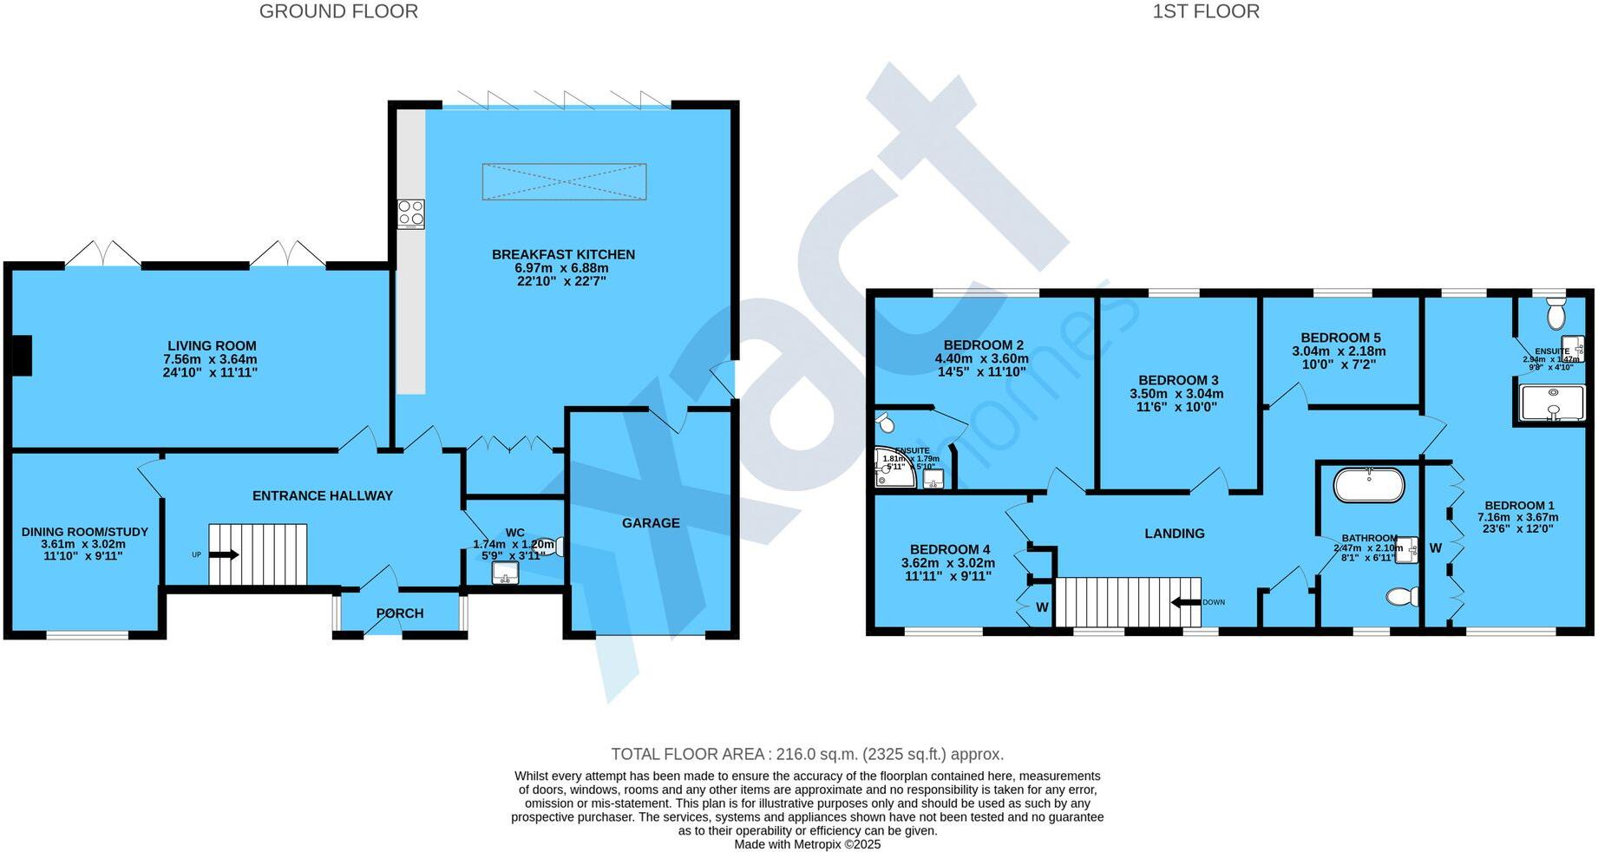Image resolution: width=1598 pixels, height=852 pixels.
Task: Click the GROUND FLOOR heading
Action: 338,11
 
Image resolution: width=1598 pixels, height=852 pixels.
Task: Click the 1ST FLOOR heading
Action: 1205,11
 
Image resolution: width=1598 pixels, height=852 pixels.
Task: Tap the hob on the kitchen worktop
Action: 411,214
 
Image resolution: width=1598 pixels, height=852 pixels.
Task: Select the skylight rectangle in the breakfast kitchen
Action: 564,181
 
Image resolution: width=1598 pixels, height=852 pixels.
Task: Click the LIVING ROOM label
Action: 212,345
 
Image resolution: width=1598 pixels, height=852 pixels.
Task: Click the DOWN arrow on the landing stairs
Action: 1184,602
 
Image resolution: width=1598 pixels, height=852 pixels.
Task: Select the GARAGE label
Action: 651,523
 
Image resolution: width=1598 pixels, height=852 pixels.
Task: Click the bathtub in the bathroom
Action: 1368,486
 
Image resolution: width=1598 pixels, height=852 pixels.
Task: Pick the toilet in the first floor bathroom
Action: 1402,597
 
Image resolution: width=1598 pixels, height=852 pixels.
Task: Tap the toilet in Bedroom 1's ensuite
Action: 1555,311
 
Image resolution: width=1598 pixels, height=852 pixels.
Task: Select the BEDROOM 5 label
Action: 1340,338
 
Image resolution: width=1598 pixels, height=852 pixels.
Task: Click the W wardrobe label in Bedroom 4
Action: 1042,608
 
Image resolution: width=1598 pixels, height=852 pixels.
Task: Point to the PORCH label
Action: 400,613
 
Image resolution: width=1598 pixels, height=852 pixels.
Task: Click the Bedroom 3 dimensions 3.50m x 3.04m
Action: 1176,394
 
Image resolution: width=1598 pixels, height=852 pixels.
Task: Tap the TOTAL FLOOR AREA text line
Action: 807,754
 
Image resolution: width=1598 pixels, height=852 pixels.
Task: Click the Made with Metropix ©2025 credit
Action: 807,844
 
